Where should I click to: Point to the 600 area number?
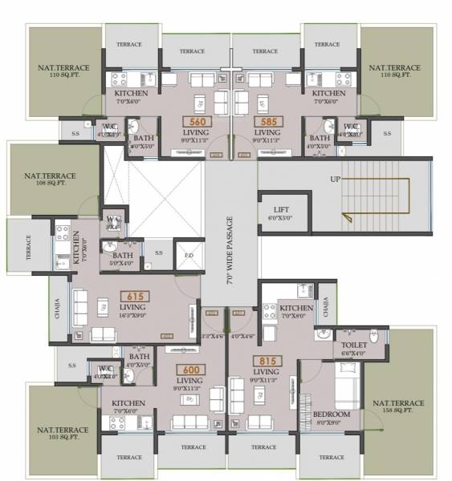(189, 369)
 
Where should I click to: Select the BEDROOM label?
(332, 414)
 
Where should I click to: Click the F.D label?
(189, 257)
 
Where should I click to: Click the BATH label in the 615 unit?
(123, 256)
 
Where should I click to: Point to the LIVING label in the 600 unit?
(189, 380)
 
